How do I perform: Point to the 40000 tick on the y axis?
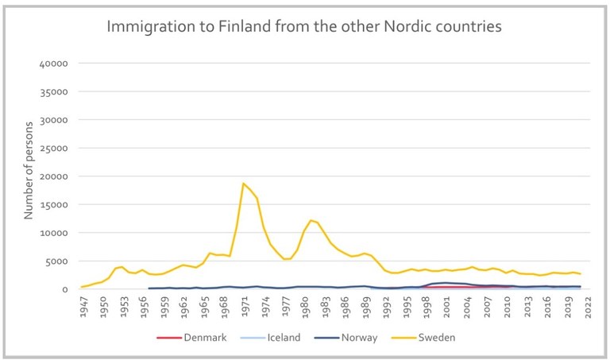click(x=55, y=64)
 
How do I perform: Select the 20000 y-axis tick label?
click(x=55, y=176)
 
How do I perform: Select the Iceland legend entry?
click(x=282, y=338)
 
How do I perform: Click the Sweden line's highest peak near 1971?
click(x=244, y=184)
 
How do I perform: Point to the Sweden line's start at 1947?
click(x=83, y=287)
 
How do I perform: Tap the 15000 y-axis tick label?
click(x=55, y=205)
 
